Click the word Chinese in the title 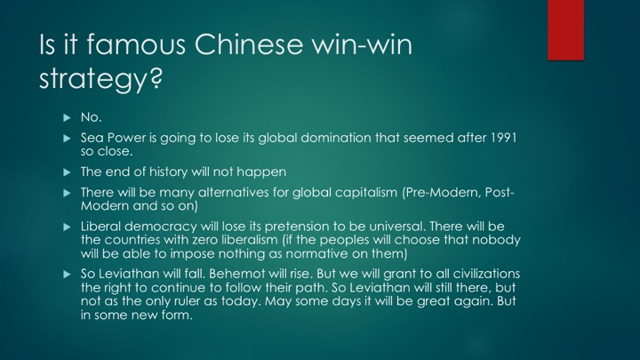click(x=249, y=44)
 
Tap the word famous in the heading click(x=136, y=44)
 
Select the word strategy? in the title click(x=100, y=78)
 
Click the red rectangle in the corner click(x=565, y=30)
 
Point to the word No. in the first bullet click(x=91, y=117)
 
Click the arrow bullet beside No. click(x=68, y=118)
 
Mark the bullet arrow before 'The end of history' click(x=68, y=172)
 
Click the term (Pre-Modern click(x=442, y=192)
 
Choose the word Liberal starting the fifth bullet click(x=100, y=227)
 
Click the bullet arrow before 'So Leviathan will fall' click(x=68, y=275)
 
